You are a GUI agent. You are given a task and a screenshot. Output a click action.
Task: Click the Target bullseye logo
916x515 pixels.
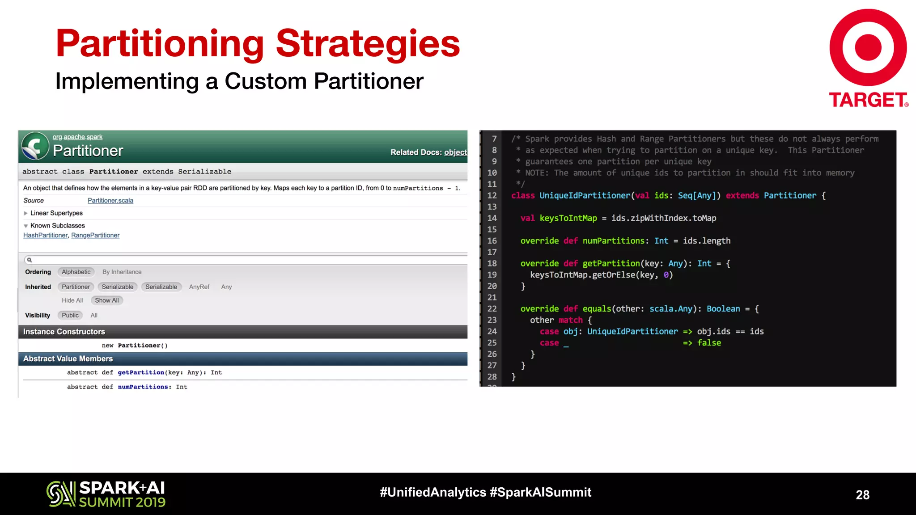pyautogui.click(x=868, y=47)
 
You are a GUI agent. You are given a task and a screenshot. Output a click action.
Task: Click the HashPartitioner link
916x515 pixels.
pyautogui.click(x=45, y=235)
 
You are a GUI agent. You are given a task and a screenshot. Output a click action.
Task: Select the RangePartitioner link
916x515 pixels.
pyautogui.click(x=95, y=235)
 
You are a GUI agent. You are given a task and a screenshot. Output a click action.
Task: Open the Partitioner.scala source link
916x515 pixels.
pyautogui.click(x=110, y=200)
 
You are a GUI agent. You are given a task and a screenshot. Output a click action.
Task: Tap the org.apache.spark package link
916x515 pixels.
pyautogui.click(x=77, y=137)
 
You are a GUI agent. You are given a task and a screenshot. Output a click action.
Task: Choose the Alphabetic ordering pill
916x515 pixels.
pyautogui.click(x=76, y=272)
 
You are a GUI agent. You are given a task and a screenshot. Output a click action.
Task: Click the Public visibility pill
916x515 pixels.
pyautogui.click(x=70, y=315)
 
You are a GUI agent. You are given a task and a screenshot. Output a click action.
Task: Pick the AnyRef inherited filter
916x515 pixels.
pyautogui.click(x=199, y=287)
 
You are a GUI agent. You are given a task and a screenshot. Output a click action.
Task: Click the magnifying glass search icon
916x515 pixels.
pyautogui.click(x=30, y=260)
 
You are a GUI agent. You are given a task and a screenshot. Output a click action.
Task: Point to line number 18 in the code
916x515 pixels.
pyautogui.click(x=492, y=263)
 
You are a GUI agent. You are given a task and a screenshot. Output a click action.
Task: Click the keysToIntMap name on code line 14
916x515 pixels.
pyautogui.click(x=568, y=218)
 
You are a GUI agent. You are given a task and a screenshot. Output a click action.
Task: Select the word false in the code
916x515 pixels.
pyautogui.click(x=709, y=343)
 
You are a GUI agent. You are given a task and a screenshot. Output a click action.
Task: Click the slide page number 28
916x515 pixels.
pyautogui.click(x=862, y=494)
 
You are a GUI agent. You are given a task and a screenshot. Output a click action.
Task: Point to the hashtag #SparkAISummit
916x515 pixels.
pyautogui.click(x=540, y=492)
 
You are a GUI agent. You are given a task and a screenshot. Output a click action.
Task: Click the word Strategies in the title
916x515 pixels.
pyautogui.click(x=368, y=43)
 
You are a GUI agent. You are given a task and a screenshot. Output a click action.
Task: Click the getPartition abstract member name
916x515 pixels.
pyautogui.click(x=141, y=372)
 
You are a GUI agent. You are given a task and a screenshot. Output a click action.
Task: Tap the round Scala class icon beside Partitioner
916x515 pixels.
pyautogui.click(x=35, y=146)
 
